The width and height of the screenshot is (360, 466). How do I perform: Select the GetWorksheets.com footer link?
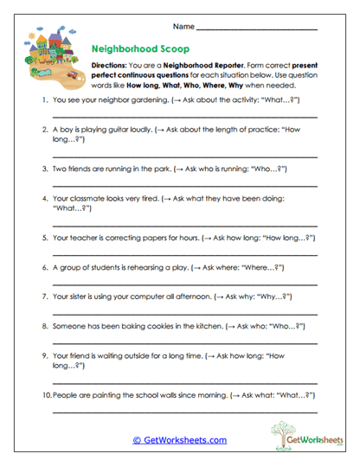179,439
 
